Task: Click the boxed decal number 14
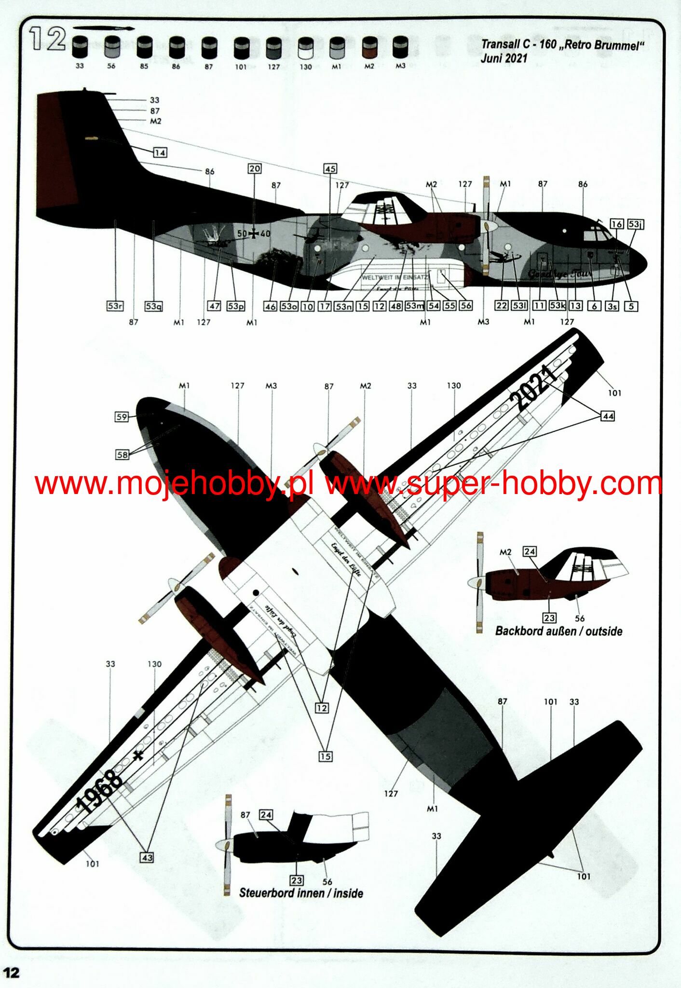pos(160,153)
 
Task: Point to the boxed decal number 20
pos(254,168)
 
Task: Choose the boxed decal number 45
pos(330,169)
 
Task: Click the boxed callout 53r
pos(115,306)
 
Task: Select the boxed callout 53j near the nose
pos(636,224)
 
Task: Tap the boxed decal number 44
pos(608,416)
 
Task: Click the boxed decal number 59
pos(122,417)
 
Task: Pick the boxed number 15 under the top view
pos(326,756)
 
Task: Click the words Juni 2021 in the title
pos(504,58)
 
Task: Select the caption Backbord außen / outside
pos(558,631)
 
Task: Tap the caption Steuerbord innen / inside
pos(301,893)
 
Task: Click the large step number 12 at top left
pos(47,39)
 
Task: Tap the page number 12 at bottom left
pos(12,973)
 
